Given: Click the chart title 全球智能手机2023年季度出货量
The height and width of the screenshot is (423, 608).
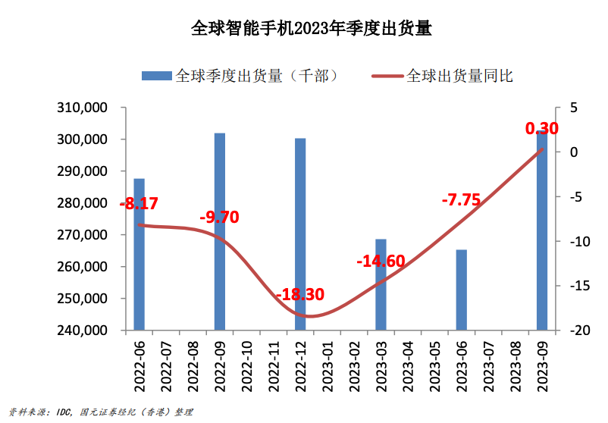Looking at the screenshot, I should point(311,30).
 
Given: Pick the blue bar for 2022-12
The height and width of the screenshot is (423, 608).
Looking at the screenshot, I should point(300,235).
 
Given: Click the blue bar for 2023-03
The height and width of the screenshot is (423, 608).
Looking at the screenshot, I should point(381,285).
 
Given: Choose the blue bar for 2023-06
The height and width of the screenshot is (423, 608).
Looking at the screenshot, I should point(461,290).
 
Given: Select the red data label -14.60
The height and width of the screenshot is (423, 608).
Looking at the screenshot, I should point(381,262).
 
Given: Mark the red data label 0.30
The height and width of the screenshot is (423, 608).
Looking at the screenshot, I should point(541,129).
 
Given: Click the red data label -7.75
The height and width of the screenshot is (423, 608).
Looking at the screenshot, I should point(461,200).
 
